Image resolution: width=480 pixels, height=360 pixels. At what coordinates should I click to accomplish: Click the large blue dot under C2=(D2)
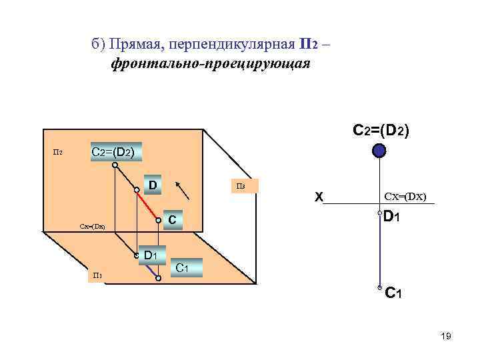(x=379, y=151)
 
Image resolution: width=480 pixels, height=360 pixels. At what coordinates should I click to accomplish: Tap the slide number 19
(x=446, y=337)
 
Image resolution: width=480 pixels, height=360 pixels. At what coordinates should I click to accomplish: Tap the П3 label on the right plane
(x=241, y=186)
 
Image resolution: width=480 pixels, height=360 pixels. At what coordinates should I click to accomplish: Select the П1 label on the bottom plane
(x=97, y=275)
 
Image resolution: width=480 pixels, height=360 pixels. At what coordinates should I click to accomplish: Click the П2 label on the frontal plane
(x=58, y=153)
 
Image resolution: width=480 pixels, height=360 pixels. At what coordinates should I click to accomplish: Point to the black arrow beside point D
(x=186, y=189)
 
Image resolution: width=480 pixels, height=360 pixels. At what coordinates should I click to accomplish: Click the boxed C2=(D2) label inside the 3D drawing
(x=117, y=152)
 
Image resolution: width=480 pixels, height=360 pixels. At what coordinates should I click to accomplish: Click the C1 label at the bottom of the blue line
(x=393, y=292)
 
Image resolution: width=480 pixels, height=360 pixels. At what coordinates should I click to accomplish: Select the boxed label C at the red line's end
(x=172, y=219)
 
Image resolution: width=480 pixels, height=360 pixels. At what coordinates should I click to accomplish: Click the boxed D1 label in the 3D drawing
(x=151, y=254)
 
